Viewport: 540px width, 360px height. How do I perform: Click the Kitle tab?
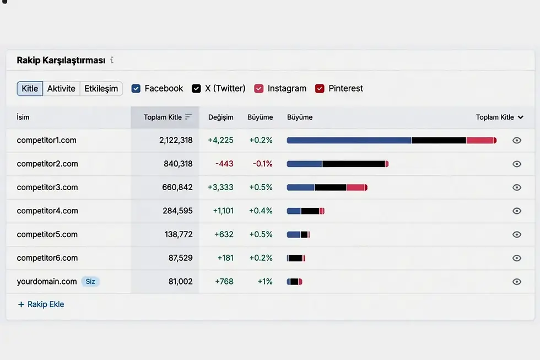coord(30,89)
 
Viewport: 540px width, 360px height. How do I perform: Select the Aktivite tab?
coord(61,89)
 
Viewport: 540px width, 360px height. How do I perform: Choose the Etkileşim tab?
coord(101,89)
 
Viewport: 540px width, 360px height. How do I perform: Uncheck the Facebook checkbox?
coord(136,89)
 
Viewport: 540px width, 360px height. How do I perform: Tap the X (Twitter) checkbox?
coord(196,89)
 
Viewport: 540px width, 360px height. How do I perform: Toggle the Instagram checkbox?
coord(258,89)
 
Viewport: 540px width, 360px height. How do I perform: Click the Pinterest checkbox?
coord(320,89)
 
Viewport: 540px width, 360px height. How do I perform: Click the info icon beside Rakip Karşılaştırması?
coord(112,60)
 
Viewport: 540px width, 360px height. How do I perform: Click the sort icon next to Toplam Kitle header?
coord(188,117)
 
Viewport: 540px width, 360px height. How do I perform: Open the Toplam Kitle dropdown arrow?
coord(520,117)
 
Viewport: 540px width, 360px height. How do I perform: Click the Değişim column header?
coord(221,117)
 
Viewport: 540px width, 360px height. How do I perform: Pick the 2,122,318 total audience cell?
coord(176,140)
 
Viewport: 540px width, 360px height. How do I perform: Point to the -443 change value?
coord(225,164)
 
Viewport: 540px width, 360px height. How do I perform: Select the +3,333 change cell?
coord(220,187)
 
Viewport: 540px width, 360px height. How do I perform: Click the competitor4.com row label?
coord(47,211)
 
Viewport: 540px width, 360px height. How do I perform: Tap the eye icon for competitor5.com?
coord(517,234)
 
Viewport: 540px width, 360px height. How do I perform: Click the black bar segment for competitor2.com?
coord(354,164)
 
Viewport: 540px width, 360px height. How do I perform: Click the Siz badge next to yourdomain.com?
coord(90,282)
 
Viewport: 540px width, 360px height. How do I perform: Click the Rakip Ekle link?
coord(41,304)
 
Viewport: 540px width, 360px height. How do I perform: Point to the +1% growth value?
coord(265,282)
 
